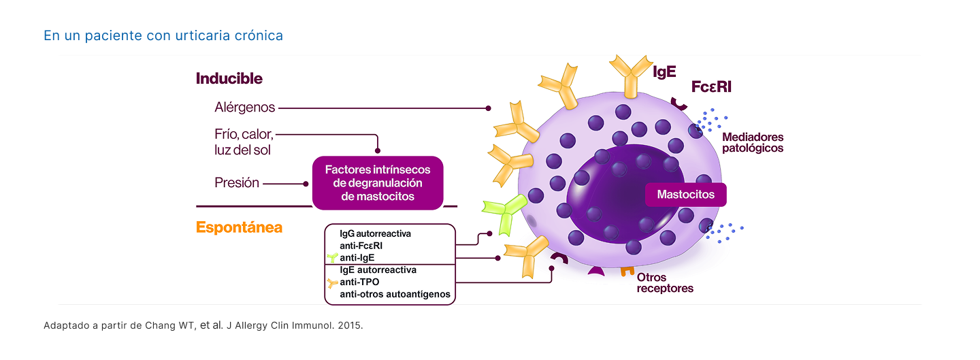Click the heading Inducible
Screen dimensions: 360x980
tap(229, 78)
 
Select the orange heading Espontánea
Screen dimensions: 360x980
tap(239, 227)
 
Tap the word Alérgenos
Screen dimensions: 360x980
tap(244, 108)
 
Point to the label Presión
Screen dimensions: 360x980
tap(237, 183)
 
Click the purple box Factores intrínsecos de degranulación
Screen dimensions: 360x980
tap(378, 183)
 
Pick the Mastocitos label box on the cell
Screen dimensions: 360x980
tap(685, 195)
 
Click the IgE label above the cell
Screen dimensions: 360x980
tap(664, 72)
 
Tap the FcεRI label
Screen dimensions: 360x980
tap(711, 87)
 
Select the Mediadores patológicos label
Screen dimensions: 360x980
tap(752, 142)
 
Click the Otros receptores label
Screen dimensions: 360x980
tap(665, 283)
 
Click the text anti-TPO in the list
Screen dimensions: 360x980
tap(359, 282)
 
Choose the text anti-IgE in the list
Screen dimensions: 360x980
tap(357, 258)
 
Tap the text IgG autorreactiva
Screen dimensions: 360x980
tap(375, 233)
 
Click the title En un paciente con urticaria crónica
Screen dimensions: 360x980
tap(163, 35)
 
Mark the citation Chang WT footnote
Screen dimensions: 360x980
tap(203, 325)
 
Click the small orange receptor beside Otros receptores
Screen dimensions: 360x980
tap(627, 269)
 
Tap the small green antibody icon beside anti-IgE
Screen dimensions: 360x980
tap(332, 258)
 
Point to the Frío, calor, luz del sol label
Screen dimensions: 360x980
tap(244, 142)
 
